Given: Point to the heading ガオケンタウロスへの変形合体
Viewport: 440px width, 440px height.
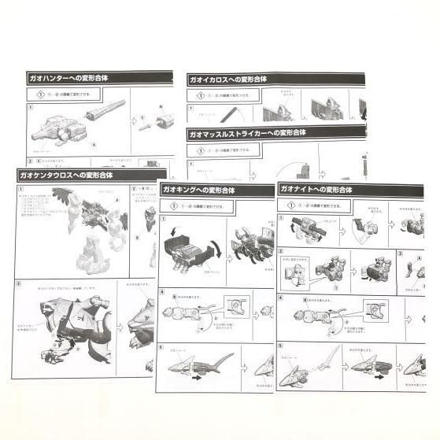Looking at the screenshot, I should pos(66,175).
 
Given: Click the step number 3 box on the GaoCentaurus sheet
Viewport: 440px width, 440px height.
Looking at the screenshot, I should pos(19,284).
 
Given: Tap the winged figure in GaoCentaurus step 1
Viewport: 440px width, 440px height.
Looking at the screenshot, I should pos(87,213).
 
